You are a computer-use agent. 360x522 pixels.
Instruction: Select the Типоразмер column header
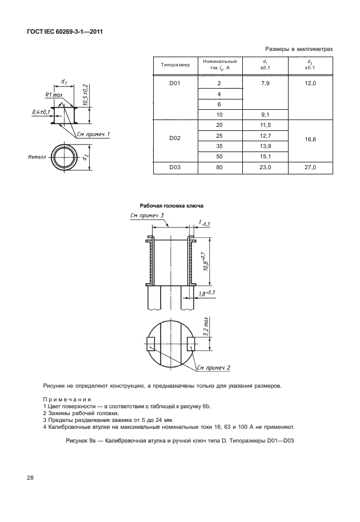(175, 65)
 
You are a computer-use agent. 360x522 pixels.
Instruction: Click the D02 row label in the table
(175, 138)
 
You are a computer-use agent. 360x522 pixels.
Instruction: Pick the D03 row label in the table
(175, 168)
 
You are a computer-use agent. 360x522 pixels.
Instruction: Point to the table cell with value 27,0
(310, 168)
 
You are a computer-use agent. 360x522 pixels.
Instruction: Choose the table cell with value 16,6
(310, 138)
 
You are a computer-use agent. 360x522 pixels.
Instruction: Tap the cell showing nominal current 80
(219, 168)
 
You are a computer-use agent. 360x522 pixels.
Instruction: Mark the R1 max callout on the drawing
(55, 95)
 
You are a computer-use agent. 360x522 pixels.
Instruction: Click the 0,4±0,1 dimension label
(42, 111)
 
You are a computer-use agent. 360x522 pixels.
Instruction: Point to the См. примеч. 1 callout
(93, 134)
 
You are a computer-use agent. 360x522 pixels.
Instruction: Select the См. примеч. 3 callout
(147, 216)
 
